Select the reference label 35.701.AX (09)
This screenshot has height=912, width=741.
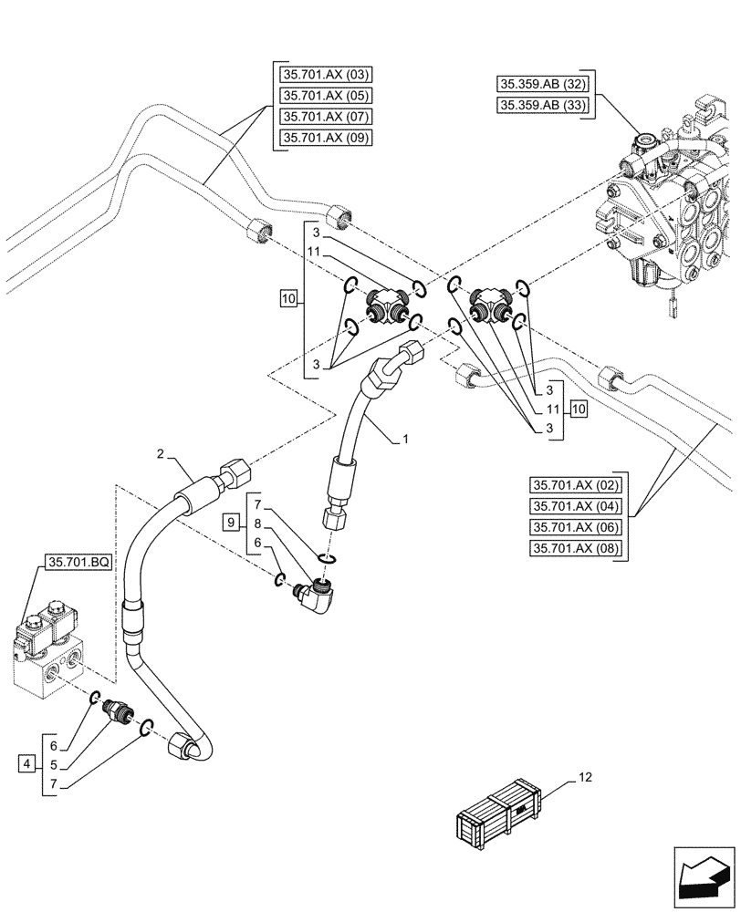coord(321,139)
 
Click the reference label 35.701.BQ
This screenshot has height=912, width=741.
coord(78,565)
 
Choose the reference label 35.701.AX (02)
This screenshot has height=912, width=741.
coord(575,485)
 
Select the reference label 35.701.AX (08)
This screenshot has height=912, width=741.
coord(575,548)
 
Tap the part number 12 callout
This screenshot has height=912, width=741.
coord(584,777)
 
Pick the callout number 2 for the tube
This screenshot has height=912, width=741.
coord(160,453)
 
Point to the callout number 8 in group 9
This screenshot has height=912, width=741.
coord(258,523)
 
